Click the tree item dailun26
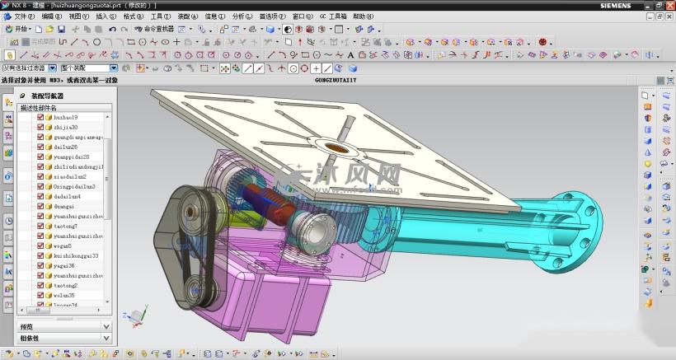(65, 147)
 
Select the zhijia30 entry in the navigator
(65, 127)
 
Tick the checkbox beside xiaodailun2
(40, 176)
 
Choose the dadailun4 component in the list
(67, 196)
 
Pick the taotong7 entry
(65, 226)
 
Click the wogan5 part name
(63, 245)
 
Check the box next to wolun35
(40, 295)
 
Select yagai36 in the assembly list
(64, 265)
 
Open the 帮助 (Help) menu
(363, 16)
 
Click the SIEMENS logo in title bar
(608, 6)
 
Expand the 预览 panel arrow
(106, 326)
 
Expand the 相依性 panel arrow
(106, 338)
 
